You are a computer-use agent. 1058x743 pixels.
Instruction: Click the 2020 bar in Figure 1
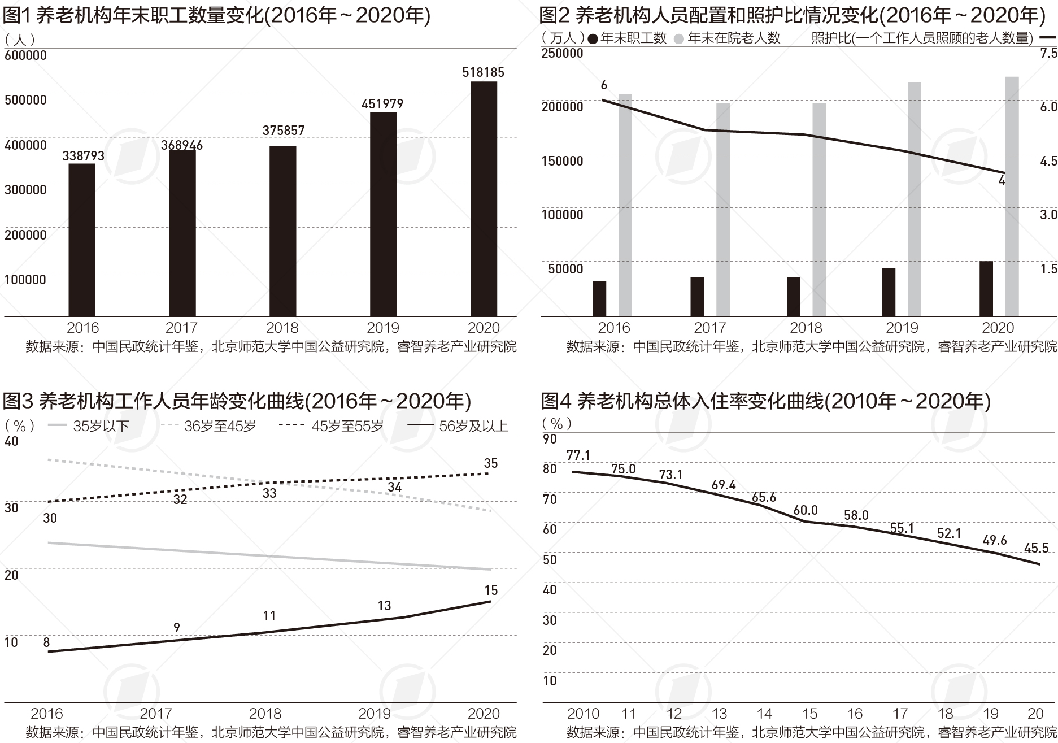pos(484,199)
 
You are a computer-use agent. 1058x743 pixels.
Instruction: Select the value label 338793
pos(83,156)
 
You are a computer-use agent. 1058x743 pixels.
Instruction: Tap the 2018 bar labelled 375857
pos(282,231)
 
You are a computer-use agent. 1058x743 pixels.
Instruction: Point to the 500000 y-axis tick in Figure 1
pos(25,100)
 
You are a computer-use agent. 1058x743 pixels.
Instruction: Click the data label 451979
pos(382,104)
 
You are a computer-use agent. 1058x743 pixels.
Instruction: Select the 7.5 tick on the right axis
pos(1048,53)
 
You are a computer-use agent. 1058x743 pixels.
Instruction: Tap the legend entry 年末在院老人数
pos(734,38)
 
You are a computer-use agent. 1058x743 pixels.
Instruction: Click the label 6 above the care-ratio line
pos(604,85)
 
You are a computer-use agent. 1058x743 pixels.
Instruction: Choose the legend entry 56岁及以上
pos(473,426)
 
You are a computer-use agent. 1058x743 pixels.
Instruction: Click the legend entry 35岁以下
pos(101,426)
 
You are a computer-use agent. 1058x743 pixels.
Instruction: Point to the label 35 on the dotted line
pos(491,463)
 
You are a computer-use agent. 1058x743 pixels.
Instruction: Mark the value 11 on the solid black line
pos(269,615)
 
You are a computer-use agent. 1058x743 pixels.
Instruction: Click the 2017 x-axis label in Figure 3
pos(155,713)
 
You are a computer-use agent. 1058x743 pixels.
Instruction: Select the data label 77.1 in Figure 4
pos(578,455)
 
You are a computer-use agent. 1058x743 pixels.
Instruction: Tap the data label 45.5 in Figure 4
pos(1036,548)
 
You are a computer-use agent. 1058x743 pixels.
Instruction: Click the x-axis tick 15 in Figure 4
pos(809,713)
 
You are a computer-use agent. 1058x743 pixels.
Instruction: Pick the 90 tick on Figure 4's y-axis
pos(550,439)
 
